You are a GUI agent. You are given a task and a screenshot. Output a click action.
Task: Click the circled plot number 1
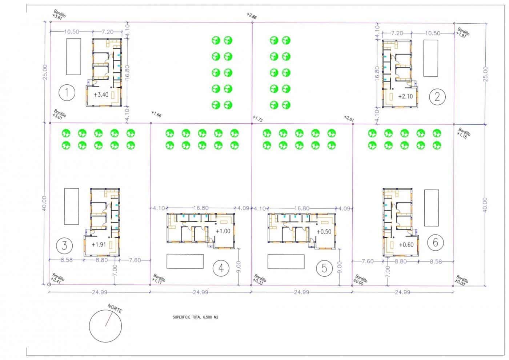tap(67, 93)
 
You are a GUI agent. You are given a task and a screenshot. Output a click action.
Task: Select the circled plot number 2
tap(437, 96)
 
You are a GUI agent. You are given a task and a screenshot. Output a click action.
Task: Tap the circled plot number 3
tap(64, 245)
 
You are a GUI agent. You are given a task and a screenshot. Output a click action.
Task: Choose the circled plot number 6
tap(436, 242)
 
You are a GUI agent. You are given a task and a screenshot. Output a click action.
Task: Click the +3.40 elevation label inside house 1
tap(101, 95)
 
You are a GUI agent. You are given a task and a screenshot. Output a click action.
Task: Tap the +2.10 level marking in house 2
tap(405, 96)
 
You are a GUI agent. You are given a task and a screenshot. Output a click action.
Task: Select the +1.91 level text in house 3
tap(99, 244)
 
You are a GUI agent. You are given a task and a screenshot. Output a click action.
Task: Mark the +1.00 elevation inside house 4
tap(223, 231)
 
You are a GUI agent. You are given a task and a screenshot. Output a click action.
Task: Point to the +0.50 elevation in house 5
tap(324, 232)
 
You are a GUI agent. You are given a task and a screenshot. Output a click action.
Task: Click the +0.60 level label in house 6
tap(406, 245)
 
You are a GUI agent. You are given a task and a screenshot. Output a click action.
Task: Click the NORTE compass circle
tap(106, 324)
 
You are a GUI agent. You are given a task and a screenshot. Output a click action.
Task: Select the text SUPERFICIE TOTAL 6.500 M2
tap(195, 317)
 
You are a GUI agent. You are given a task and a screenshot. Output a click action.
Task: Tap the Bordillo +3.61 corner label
tap(59, 15)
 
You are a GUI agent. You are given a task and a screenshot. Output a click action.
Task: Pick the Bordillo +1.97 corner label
tap(463, 32)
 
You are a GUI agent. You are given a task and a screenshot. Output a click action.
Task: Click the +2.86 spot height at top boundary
tap(251, 16)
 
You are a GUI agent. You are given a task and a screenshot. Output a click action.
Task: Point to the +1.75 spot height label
tap(257, 119)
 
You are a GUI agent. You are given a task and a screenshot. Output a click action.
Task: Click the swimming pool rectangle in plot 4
tap(185, 261)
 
